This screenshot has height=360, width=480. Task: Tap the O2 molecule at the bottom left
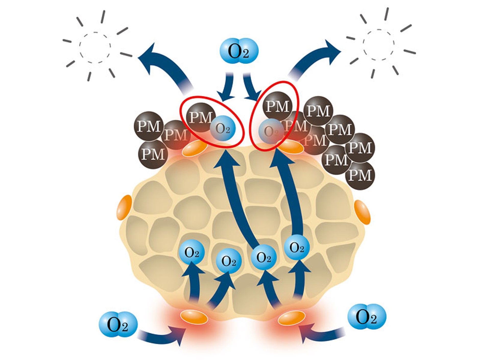[118, 324]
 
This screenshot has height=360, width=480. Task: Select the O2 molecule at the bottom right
[367, 317]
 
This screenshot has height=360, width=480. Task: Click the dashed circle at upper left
[95, 47]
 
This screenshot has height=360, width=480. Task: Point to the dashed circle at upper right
[378, 45]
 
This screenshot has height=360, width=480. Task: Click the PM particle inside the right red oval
[278, 106]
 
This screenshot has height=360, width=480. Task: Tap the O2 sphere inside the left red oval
[223, 128]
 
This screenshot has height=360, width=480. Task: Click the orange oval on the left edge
[124, 208]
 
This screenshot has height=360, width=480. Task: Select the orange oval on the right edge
[362, 212]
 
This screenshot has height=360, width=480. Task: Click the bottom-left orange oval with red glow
[194, 317]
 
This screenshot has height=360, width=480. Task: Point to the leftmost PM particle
[149, 126]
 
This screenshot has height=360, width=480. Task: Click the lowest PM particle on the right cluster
[360, 175]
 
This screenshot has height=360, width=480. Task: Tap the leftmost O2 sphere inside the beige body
[191, 252]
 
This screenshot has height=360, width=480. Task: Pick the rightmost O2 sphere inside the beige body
[297, 247]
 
